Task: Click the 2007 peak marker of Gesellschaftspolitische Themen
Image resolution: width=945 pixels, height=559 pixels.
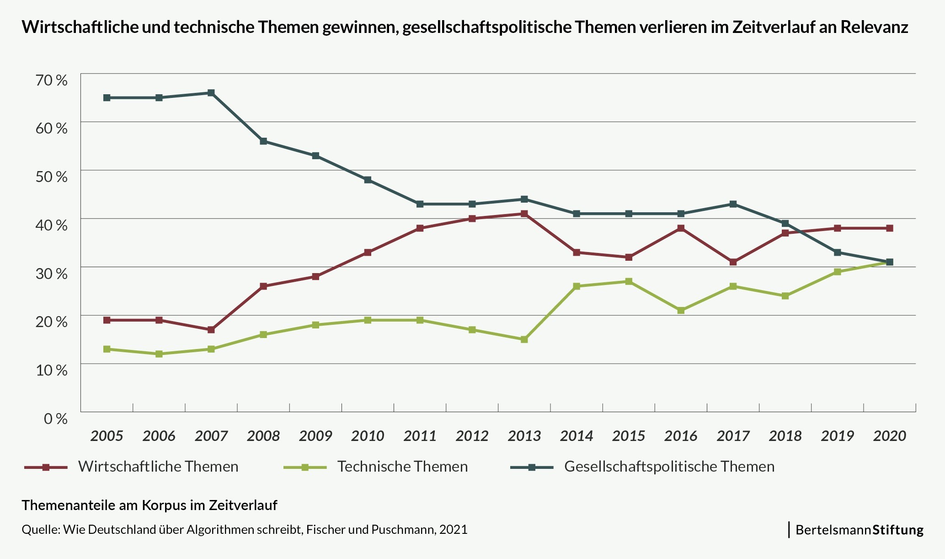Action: [211, 93]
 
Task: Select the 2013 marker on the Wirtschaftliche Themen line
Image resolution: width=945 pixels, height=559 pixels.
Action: [524, 214]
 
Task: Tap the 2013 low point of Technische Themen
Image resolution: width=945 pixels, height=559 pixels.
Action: [524, 339]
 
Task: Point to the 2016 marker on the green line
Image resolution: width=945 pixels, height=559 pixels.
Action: [681, 310]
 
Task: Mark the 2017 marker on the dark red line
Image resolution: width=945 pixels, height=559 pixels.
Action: [733, 262]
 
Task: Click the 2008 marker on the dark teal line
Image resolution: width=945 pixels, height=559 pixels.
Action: [263, 141]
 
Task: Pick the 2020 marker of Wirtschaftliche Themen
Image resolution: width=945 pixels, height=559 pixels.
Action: [890, 228]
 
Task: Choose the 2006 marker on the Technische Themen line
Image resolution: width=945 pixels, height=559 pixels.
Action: [159, 354]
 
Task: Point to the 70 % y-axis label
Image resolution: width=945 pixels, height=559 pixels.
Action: [51, 80]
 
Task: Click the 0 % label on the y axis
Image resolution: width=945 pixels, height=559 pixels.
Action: [55, 419]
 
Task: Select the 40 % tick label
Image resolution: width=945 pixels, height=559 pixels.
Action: [51, 225]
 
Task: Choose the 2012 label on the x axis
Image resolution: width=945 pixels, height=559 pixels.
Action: [472, 436]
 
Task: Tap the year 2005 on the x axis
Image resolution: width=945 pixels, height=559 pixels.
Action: [107, 436]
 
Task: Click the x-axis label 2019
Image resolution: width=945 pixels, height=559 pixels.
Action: [837, 436]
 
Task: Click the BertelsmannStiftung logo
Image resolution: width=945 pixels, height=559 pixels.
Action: [859, 530]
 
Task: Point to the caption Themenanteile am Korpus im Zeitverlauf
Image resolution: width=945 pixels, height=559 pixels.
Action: [149, 505]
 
